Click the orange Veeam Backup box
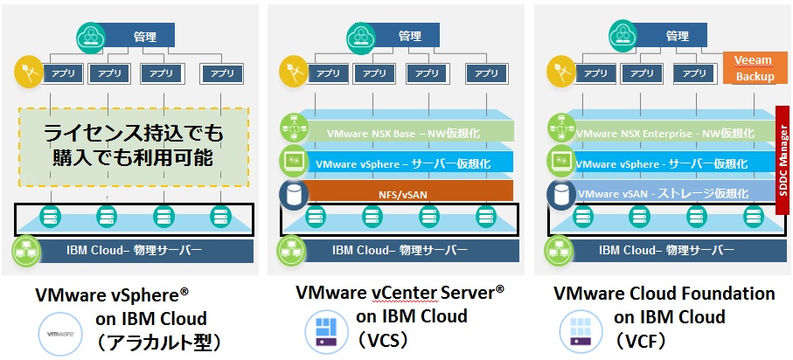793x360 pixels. (750, 68)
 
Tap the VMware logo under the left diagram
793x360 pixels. (59, 336)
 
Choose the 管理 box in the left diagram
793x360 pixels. (143, 36)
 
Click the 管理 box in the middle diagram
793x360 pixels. (409, 36)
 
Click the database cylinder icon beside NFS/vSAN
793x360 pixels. (290, 192)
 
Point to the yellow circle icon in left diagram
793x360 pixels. (28, 71)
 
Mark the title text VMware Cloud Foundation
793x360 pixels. (664, 294)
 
